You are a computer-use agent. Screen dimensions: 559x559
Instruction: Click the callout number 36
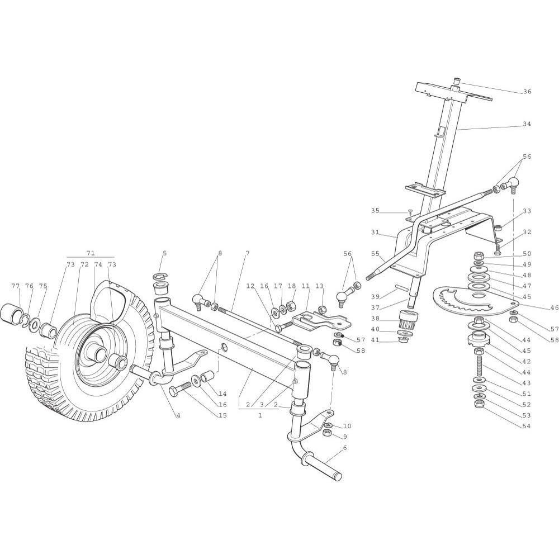point(527,91)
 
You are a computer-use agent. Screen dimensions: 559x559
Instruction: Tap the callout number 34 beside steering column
point(527,124)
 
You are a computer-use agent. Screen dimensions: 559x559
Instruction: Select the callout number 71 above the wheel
point(91,253)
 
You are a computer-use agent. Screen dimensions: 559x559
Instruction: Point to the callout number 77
point(16,286)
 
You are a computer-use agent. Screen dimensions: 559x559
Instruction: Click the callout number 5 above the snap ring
point(164,253)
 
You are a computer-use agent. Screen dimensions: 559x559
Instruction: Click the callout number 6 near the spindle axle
point(345,448)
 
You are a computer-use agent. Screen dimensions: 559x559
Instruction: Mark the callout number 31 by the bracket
point(375,232)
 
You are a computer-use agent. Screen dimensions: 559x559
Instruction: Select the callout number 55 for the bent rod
point(375,253)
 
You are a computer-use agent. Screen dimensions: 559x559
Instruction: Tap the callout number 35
point(375,211)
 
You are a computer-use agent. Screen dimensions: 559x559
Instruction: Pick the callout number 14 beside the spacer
point(222,394)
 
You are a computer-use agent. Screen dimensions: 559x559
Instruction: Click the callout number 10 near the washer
point(347,426)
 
